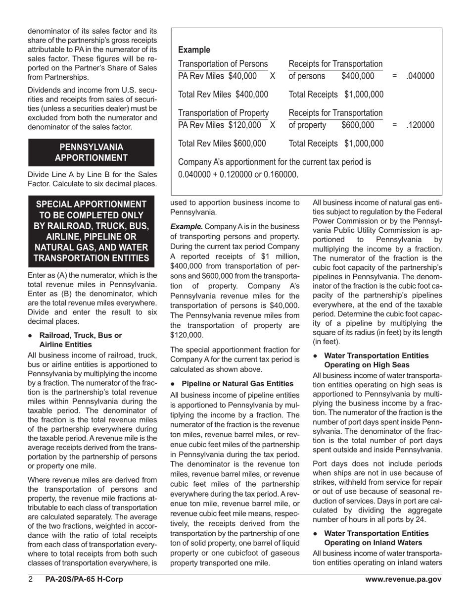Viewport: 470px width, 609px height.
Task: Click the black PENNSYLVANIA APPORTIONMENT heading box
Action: coord(92,152)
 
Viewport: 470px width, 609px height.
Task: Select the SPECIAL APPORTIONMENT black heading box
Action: coord(92,231)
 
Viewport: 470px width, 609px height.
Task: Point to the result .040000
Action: coord(420,76)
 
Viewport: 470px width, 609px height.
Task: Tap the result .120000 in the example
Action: coord(420,125)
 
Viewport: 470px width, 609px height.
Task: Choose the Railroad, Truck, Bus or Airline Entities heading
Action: coord(80,340)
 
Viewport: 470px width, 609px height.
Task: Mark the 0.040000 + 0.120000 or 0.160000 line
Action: coord(238,174)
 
